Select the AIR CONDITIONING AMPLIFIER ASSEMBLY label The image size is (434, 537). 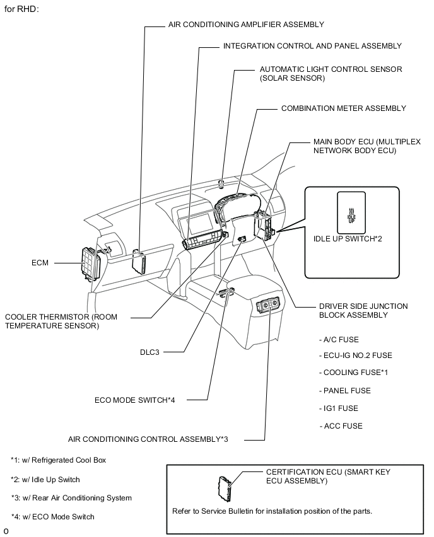pyautogui.click(x=246, y=25)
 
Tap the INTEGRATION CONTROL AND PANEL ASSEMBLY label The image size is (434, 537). pyautogui.click(x=312, y=46)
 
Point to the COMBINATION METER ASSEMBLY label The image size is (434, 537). pyautogui.click(x=343, y=108)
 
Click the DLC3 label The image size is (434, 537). pyautogui.click(x=149, y=352)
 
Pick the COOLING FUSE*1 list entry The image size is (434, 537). pyautogui.click(x=354, y=372)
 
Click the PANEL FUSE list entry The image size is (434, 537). pyautogui.click(x=346, y=390)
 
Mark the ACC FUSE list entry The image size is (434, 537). pyautogui.click(x=342, y=425)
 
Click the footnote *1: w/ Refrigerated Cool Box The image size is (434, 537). pyautogui.click(x=58, y=460)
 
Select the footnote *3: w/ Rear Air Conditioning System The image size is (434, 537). pyautogui.click(x=71, y=498)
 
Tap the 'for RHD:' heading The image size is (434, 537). pyautogui.click(x=22, y=8)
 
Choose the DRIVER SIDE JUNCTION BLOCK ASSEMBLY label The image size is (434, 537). pyautogui.click(x=363, y=310)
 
